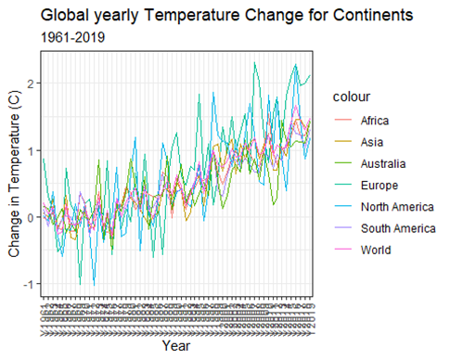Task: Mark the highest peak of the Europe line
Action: (254, 62)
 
